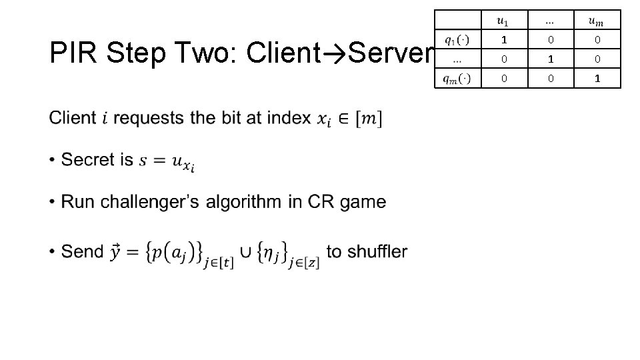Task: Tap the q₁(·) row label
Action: [457, 39]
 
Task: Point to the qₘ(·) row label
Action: [457, 78]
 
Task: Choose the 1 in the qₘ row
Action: [598, 78]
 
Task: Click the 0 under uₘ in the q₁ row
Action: [598, 40]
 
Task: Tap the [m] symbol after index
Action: [367, 119]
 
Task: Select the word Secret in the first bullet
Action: [88, 160]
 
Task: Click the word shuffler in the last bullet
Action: [376, 252]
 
